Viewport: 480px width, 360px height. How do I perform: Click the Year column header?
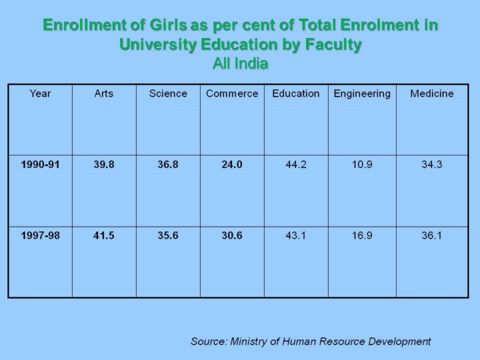40,94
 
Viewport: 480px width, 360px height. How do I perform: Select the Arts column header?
104,94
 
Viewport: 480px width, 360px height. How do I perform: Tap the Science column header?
168,94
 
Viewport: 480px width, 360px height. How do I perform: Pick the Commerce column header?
232,94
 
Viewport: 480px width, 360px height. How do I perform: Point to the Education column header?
296,94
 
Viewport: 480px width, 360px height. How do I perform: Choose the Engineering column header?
362,94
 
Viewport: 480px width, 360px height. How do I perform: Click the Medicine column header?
432,94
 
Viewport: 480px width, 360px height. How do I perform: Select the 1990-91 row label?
40,165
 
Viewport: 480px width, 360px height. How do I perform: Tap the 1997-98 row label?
40,235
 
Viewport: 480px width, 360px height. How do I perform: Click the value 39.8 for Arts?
104,165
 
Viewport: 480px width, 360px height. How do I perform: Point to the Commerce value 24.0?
232,165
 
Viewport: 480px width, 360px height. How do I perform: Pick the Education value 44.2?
296,165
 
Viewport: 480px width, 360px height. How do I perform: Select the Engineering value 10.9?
362,165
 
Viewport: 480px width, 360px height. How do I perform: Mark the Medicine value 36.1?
432,235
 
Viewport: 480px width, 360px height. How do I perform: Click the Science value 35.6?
168,235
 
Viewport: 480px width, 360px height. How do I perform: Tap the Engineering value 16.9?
362,235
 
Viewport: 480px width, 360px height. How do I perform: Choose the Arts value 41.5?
104,235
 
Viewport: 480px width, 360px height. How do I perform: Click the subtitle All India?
240,64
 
